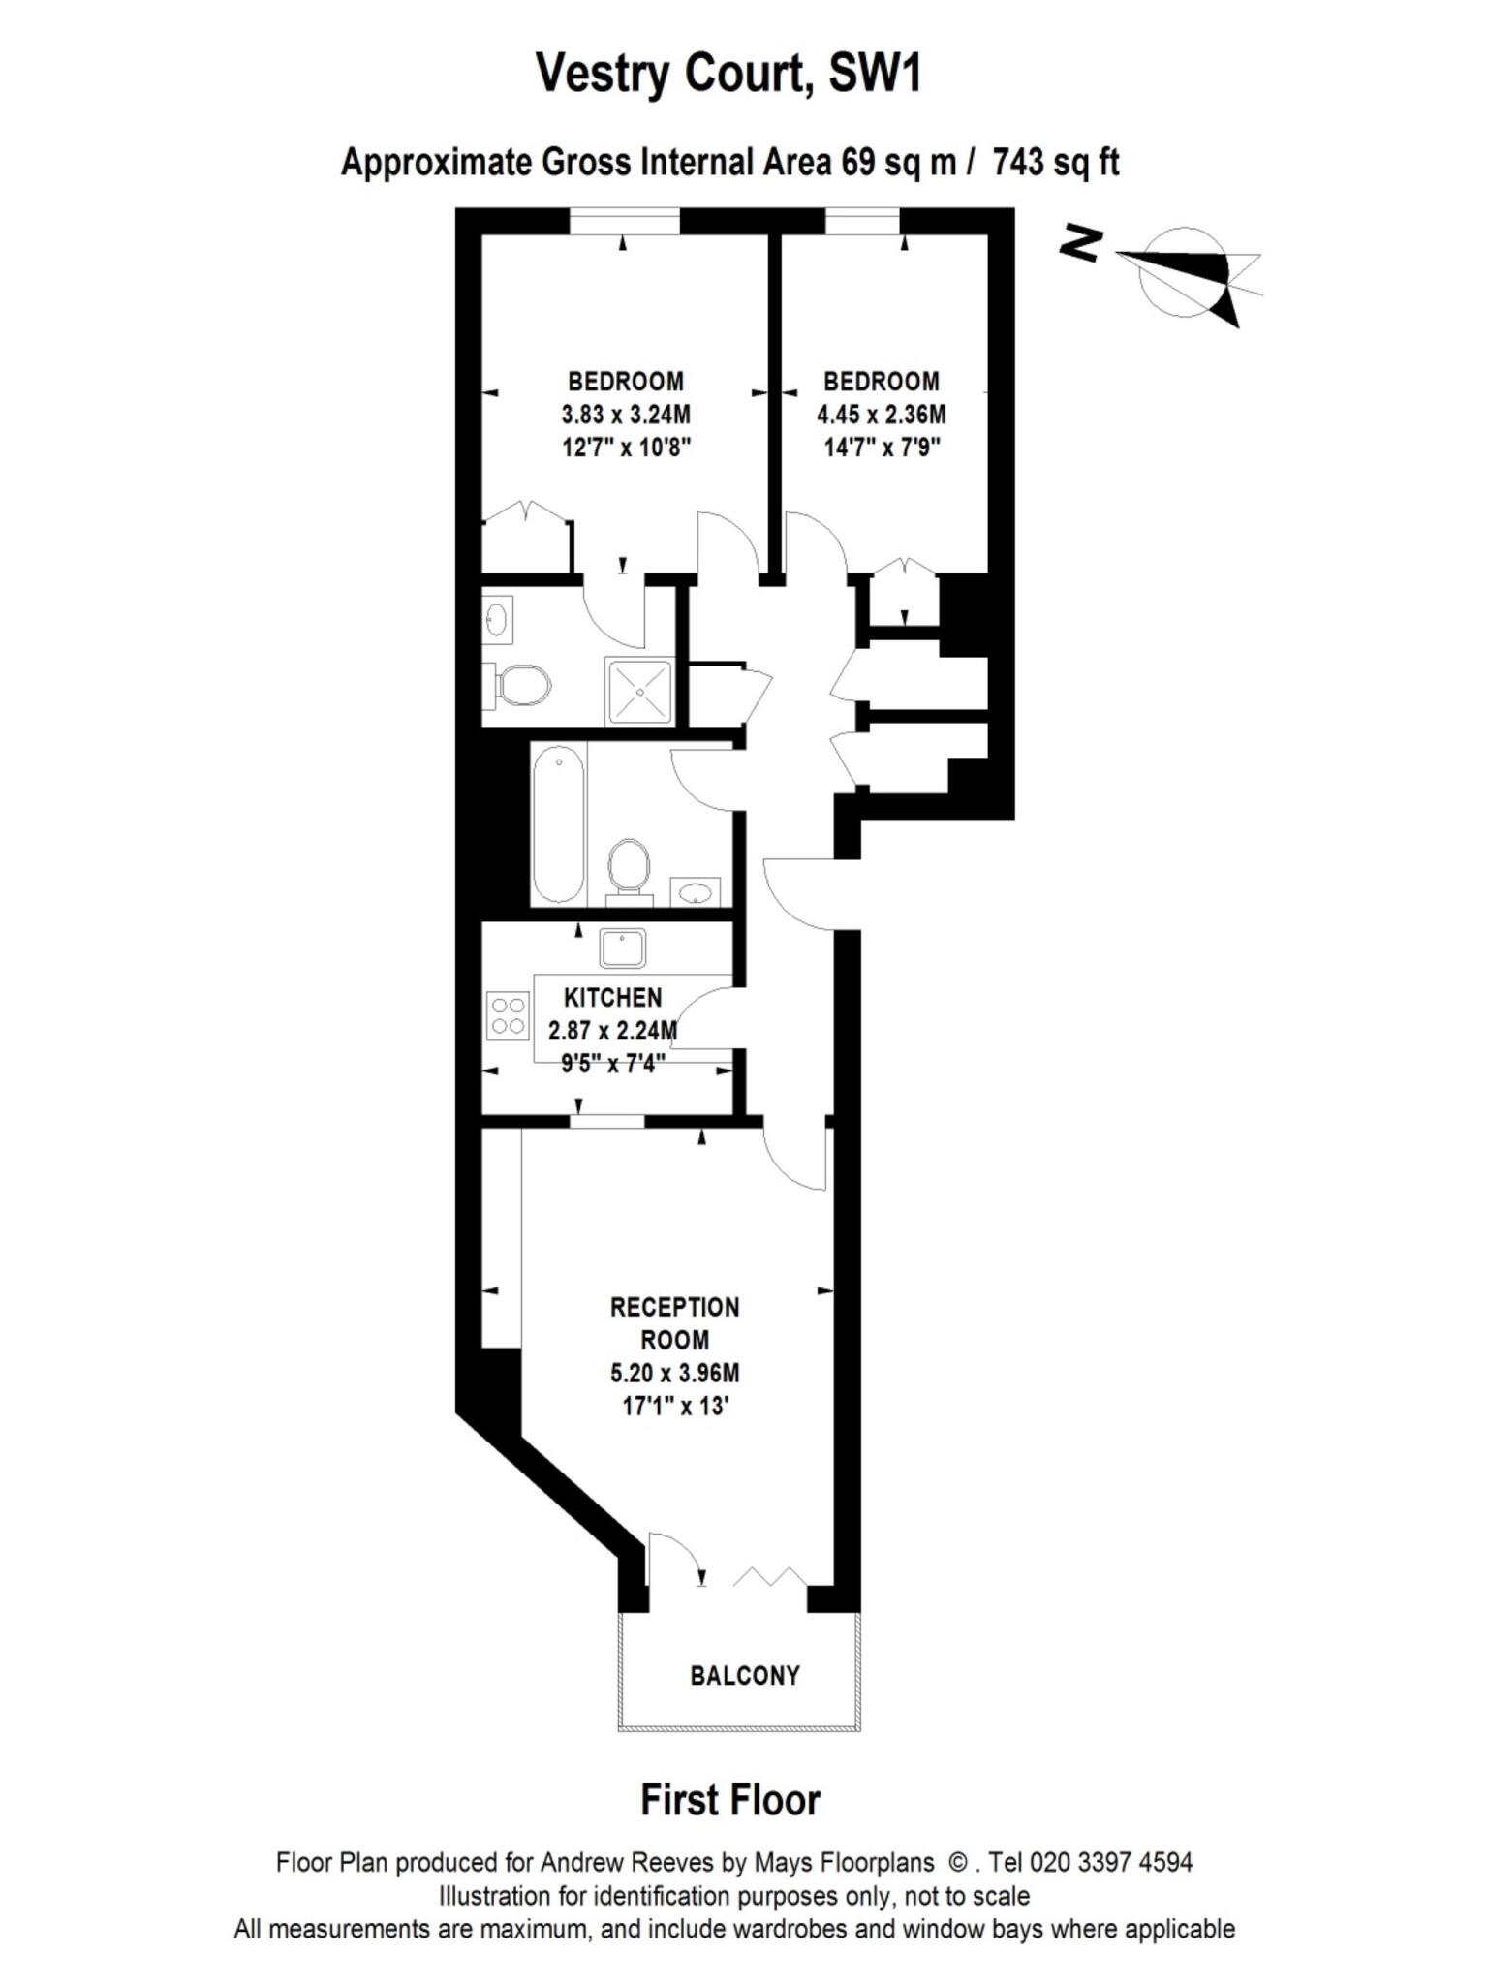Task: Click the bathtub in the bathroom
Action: [x=558, y=823]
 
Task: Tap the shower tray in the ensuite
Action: [x=638, y=691]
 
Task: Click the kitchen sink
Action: [x=622, y=947]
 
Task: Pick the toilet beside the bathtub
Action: [x=628, y=864]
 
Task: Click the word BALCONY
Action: [x=745, y=1675]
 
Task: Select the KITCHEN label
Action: [x=612, y=997]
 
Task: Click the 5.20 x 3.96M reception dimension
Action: [x=674, y=1373]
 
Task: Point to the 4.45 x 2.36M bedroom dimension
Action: [x=881, y=415]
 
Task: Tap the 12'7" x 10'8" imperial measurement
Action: [x=625, y=448]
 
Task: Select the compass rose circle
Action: [x=1184, y=271]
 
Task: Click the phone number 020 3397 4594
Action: [x=1111, y=1862]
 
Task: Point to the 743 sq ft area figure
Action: [x=1055, y=162]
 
